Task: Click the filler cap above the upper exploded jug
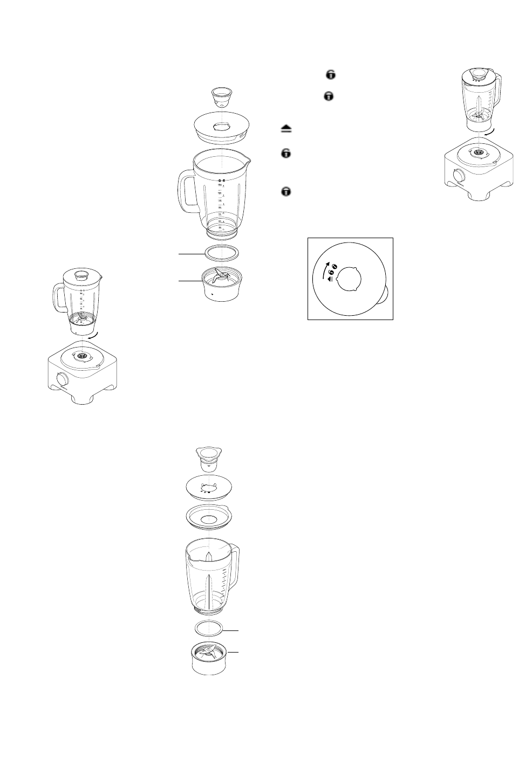(222, 98)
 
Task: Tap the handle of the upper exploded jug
(185, 191)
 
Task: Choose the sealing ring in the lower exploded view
(208, 629)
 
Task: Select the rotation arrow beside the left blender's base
(95, 335)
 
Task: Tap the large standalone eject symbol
(286, 128)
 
